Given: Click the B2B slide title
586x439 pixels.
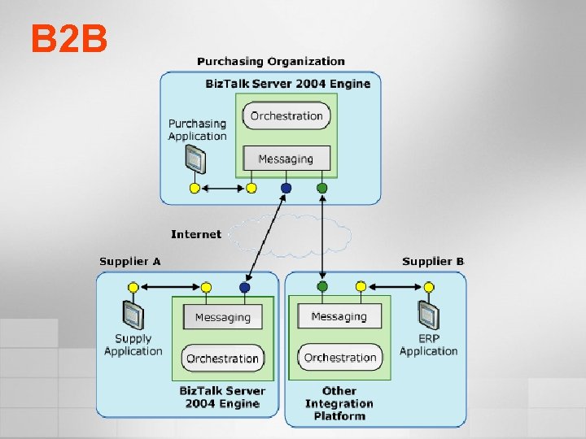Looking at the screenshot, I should pos(70,38).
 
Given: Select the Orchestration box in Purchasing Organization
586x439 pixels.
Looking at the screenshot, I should pos(286,116).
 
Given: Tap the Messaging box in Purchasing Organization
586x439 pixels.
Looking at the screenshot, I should pos(286,159).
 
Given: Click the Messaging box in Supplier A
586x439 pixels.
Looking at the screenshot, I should pos(222,317).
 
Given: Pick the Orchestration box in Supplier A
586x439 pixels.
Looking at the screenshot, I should pos(222,359).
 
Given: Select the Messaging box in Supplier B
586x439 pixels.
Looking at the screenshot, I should pos(339,316).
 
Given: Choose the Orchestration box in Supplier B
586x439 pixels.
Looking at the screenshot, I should pos(340,358).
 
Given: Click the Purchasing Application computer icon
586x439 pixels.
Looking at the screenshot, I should pos(194,161).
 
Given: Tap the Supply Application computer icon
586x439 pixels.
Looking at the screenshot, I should pos(133,314).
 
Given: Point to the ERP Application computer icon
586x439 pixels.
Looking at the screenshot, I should pos(427,315).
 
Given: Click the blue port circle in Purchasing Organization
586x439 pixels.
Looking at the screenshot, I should pos(286,189).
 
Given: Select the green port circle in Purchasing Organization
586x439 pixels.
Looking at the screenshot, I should pos(322,189).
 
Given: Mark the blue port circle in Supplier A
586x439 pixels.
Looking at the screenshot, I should pos(245,287).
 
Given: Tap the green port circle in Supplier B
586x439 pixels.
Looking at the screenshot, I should pos(322,287).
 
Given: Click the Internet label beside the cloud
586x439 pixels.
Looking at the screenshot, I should pos(195,234).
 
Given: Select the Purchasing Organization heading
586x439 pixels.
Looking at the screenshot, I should pos(271,61).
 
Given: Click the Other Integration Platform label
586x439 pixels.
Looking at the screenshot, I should pos(339,403).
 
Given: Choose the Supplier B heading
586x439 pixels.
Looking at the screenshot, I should pos(433,261).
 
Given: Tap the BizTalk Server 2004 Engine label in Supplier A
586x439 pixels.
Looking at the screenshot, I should pos(222,398).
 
